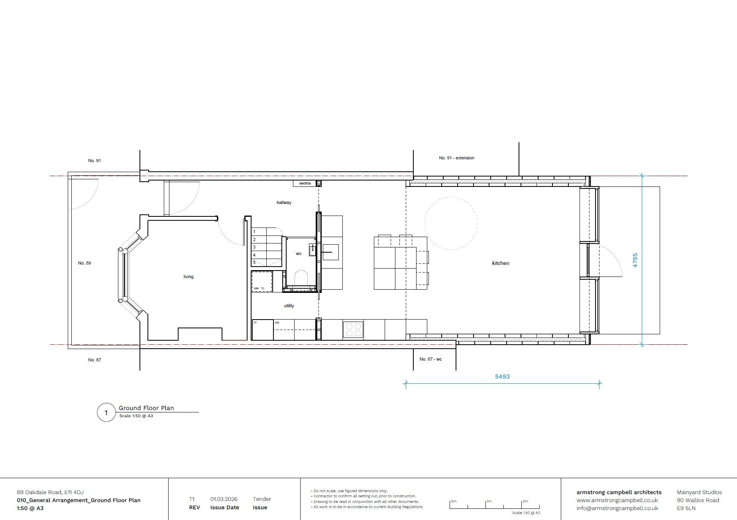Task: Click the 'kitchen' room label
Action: (x=500, y=263)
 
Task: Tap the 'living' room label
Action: (x=188, y=277)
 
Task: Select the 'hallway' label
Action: (x=284, y=202)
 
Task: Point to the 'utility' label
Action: (x=289, y=306)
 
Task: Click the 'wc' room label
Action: (x=299, y=253)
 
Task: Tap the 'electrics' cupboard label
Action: (x=305, y=183)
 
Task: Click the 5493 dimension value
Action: (x=502, y=376)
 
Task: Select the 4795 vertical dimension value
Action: (x=635, y=260)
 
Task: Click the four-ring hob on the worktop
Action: (x=353, y=330)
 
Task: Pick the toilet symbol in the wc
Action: (x=301, y=278)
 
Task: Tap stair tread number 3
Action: (x=254, y=247)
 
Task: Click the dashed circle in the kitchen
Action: (x=451, y=223)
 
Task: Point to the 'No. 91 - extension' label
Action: (x=456, y=158)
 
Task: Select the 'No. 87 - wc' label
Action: (x=430, y=359)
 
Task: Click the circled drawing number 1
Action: (x=106, y=412)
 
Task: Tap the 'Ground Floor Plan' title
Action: (x=146, y=408)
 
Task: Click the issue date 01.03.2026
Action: (x=224, y=499)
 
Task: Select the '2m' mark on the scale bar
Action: (x=525, y=501)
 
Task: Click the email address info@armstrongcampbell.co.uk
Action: (x=617, y=508)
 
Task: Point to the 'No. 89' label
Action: (x=85, y=263)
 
